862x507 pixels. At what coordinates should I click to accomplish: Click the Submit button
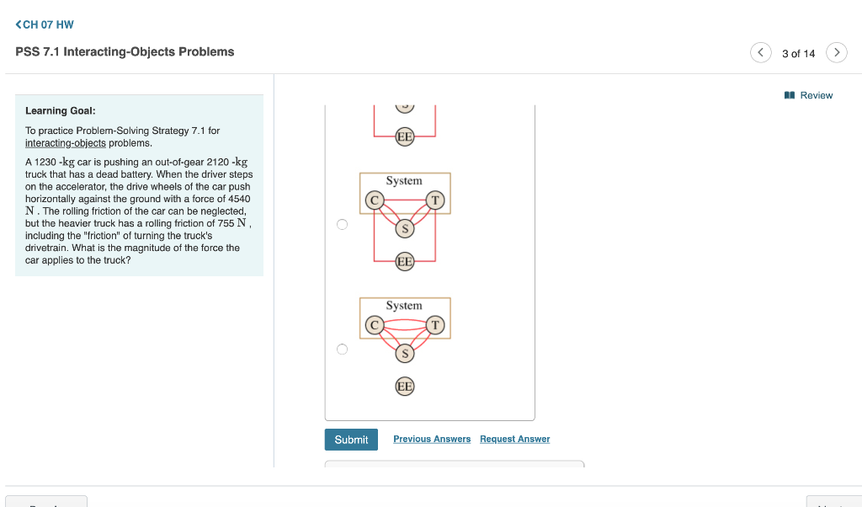[351, 440]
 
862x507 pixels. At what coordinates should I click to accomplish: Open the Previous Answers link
[432, 439]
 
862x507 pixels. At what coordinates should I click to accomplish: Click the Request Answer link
[514, 439]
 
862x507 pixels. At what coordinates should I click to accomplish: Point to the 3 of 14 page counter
[798, 53]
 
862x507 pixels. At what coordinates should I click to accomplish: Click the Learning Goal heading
[60, 110]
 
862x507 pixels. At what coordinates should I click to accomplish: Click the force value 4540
[237, 199]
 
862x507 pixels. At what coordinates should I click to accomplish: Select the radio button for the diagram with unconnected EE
[342, 350]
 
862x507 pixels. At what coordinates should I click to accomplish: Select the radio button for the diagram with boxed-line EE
[342, 225]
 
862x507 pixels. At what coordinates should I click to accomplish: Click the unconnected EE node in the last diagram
[405, 387]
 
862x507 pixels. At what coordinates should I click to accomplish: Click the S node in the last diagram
[405, 354]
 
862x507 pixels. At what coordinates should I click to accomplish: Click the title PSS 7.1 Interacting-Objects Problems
[125, 52]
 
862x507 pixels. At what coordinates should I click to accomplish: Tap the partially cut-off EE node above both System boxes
[405, 136]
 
